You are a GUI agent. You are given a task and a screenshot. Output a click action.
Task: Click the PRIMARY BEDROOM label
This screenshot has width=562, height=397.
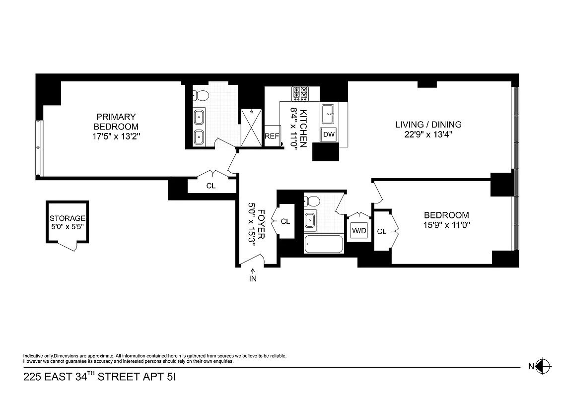tap(116, 122)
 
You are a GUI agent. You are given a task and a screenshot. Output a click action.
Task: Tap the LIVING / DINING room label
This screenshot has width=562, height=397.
tap(428, 125)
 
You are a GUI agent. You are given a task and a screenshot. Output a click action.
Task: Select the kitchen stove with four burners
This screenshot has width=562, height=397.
tap(300, 93)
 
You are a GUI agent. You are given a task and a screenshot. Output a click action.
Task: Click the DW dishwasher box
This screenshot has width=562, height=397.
tap(329, 134)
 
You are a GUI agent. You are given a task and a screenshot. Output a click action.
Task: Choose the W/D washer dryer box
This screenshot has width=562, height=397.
tap(358, 230)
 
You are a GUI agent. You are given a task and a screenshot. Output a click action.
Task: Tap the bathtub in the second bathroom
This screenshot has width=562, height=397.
tap(324, 244)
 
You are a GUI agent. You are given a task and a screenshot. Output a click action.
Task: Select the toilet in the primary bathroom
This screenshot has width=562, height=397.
tap(201, 95)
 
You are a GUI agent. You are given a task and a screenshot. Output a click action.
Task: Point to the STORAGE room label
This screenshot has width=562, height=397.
tap(68, 218)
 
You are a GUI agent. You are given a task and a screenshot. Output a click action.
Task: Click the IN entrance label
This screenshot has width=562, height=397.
tap(253, 278)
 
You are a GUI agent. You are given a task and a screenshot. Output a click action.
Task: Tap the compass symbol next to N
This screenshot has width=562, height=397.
tap(544, 367)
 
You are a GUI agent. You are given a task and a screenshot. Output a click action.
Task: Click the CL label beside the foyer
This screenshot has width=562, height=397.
tap(285, 222)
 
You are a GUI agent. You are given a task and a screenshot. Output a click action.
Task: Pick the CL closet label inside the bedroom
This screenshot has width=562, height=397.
tap(382, 231)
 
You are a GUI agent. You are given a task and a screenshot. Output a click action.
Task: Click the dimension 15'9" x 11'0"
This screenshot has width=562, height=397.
tap(446, 224)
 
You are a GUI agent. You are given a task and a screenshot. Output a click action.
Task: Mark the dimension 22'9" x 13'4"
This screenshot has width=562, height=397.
tap(428, 134)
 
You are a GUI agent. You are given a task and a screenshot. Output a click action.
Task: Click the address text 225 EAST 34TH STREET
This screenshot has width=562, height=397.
tap(84, 377)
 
